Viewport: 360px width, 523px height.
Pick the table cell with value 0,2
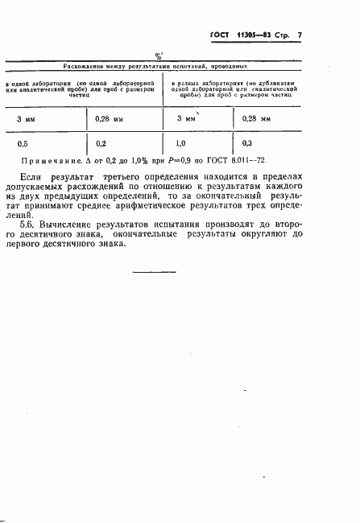[101, 144]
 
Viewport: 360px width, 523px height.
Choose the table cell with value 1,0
[183, 144]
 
